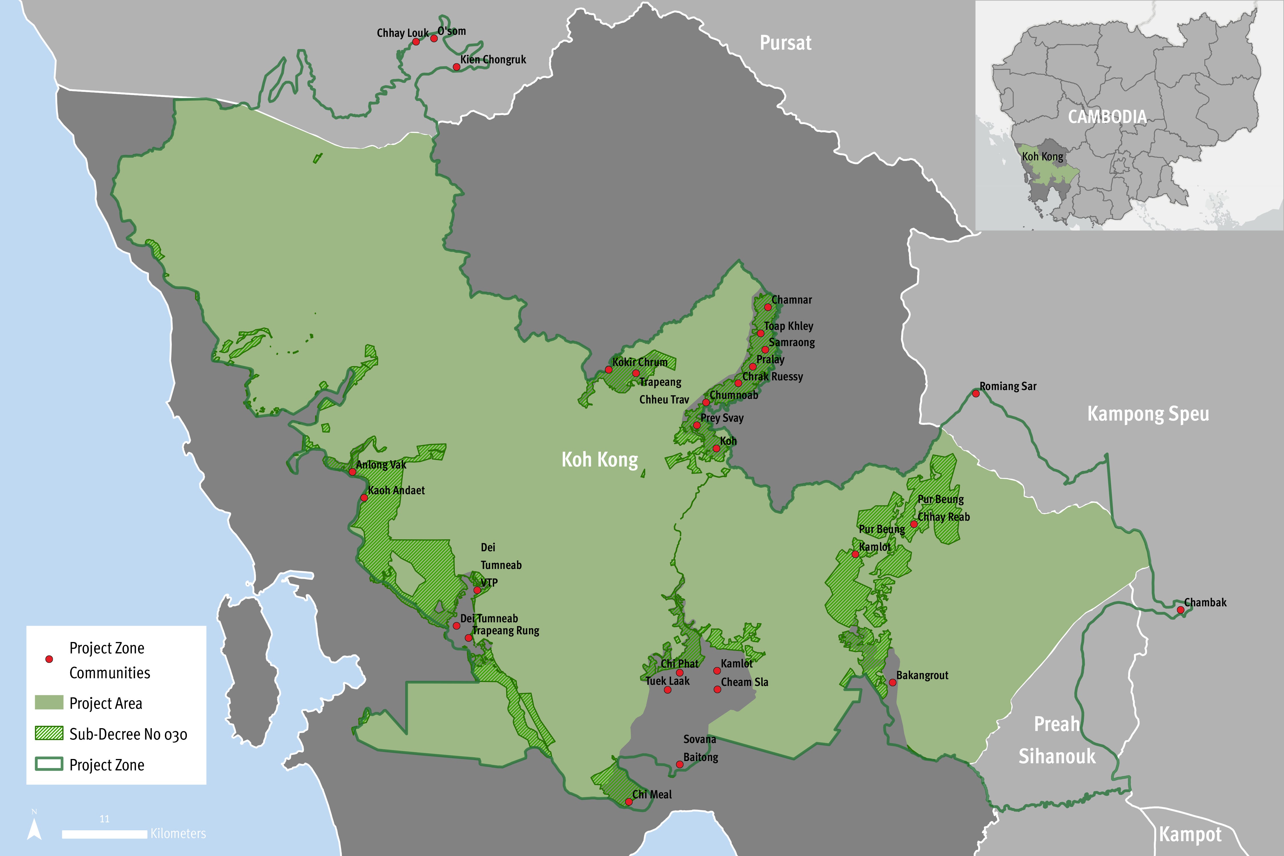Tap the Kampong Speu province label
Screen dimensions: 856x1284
point(1148,414)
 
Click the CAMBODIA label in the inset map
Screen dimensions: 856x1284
point(1107,117)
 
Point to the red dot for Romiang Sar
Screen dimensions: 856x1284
point(976,393)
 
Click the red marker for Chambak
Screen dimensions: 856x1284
point(1180,610)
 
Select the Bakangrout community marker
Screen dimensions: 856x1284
point(892,683)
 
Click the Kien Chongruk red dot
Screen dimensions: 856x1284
point(456,67)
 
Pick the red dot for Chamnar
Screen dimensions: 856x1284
point(768,307)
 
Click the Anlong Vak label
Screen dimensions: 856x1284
point(381,465)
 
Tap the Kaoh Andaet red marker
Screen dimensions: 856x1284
point(364,498)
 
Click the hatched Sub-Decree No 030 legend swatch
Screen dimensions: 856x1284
point(49,733)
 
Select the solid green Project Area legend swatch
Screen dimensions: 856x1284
point(49,702)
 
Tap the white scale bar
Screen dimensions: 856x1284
point(104,834)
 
